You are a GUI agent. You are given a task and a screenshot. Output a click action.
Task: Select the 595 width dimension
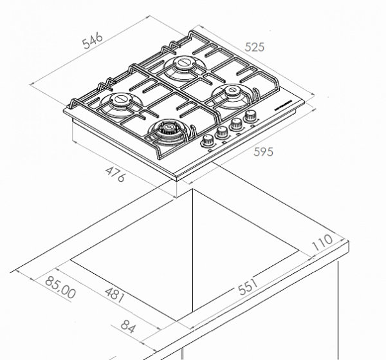[x=263, y=152]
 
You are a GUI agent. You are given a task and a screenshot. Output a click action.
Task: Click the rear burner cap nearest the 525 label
[x=183, y=64]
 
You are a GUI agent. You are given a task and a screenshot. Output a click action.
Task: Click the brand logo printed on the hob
[x=282, y=101]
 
